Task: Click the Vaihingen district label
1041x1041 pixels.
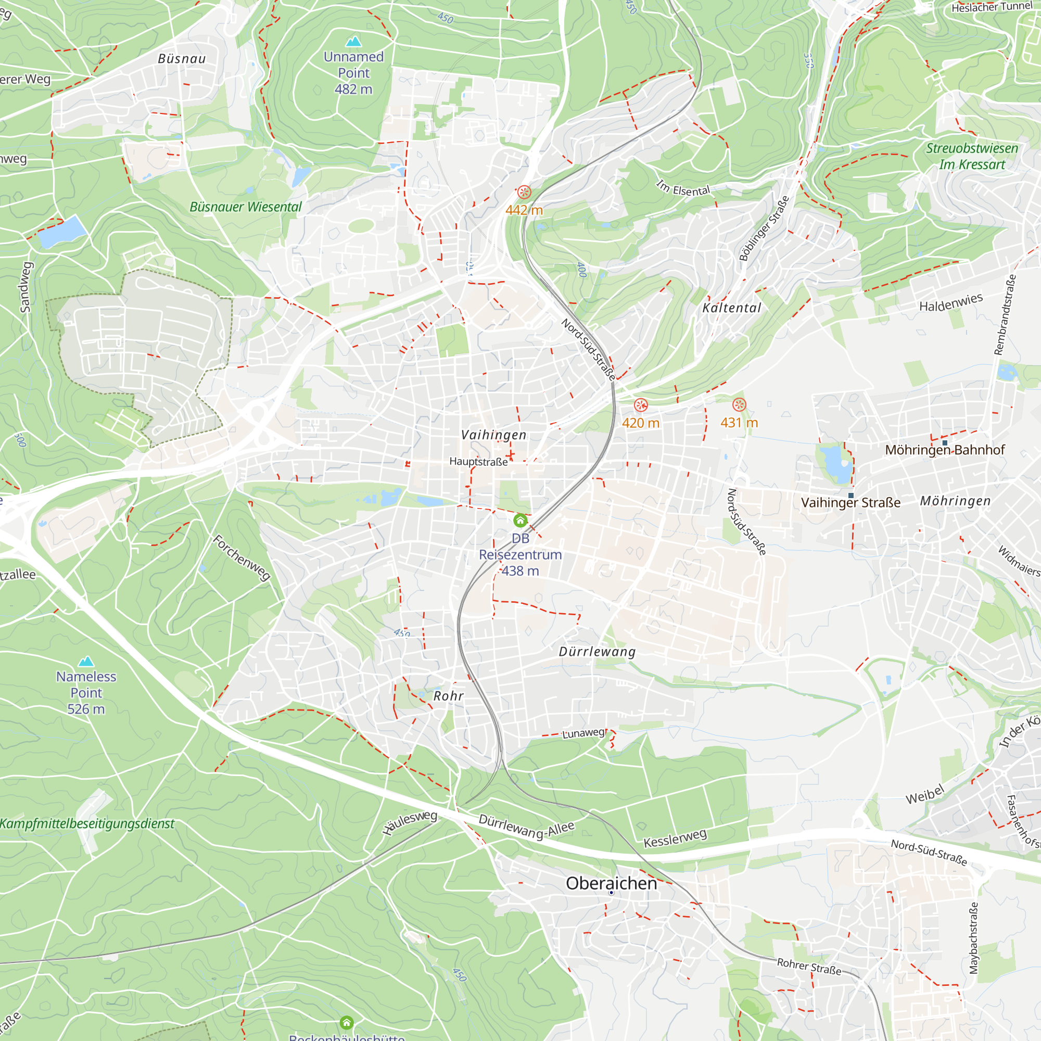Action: point(493,435)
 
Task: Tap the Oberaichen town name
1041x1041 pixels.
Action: point(611,884)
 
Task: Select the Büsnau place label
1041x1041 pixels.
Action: point(182,59)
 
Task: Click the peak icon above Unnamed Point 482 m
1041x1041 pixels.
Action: point(353,42)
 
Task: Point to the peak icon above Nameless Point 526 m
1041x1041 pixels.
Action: point(86,661)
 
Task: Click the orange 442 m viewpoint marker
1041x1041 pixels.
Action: point(524,193)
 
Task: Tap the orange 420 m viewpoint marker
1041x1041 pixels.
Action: point(640,404)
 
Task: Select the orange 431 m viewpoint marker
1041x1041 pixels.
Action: point(739,404)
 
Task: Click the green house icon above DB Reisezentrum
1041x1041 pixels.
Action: point(520,520)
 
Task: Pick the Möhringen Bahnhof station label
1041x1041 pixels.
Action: point(945,450)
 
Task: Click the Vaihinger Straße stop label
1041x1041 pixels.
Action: point(850,503)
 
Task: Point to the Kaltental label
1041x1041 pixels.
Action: point(732,308)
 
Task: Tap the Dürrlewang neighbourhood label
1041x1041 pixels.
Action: point(597,652)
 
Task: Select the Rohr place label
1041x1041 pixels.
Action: point(448,696)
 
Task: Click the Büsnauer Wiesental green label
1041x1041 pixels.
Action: point(246,207)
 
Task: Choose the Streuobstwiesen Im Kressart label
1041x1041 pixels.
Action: point(972,156)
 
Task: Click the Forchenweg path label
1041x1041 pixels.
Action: point(242,557)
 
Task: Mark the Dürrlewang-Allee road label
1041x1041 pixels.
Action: point(526,827)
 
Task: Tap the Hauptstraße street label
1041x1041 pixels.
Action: point(478,462)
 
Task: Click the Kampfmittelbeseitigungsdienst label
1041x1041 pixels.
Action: point(87,824)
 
